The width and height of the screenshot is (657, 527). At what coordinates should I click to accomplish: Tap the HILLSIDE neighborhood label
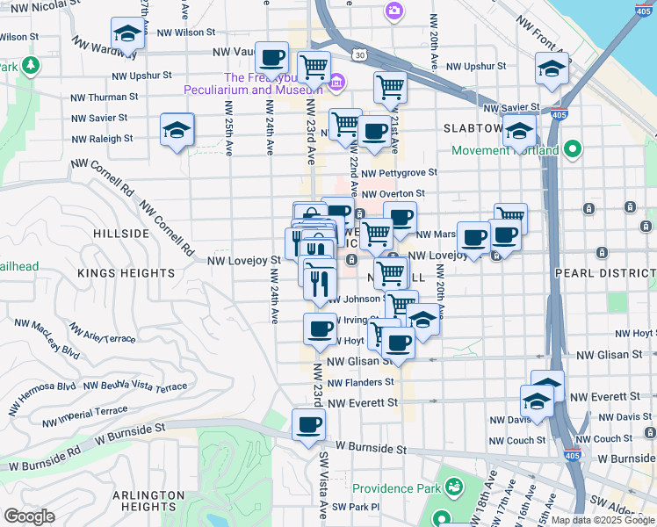click(120, 234)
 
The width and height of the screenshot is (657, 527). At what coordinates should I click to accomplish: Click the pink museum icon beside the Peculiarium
click(336, 84)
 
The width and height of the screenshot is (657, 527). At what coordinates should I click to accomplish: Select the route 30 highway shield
click(360, 55)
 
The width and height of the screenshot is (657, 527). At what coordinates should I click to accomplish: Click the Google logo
click(29, 516)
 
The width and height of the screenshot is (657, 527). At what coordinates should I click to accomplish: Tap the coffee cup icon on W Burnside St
click(307, 427)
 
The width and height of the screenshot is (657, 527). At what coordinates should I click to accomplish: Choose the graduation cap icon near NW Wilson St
click(127, 35)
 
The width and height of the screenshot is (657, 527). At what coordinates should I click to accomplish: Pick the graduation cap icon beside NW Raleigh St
click(177, 131)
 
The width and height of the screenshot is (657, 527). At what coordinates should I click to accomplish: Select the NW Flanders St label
click(361, 383)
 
